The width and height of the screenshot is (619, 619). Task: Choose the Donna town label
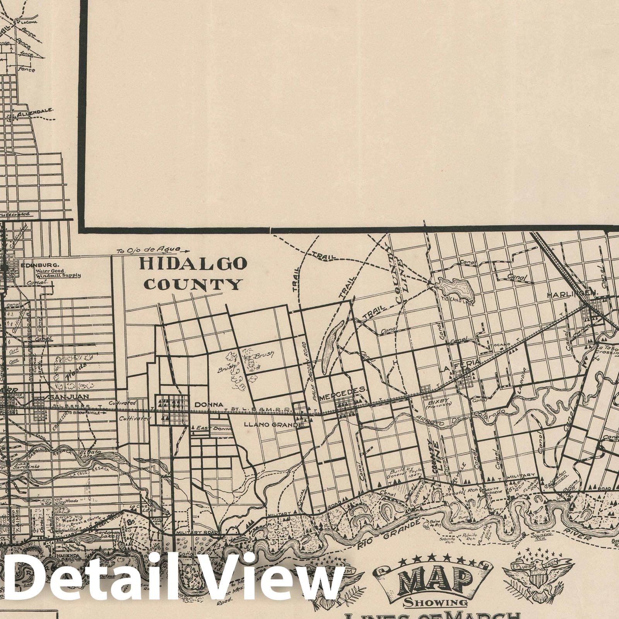pyautogui.click(x=209, y=405)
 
